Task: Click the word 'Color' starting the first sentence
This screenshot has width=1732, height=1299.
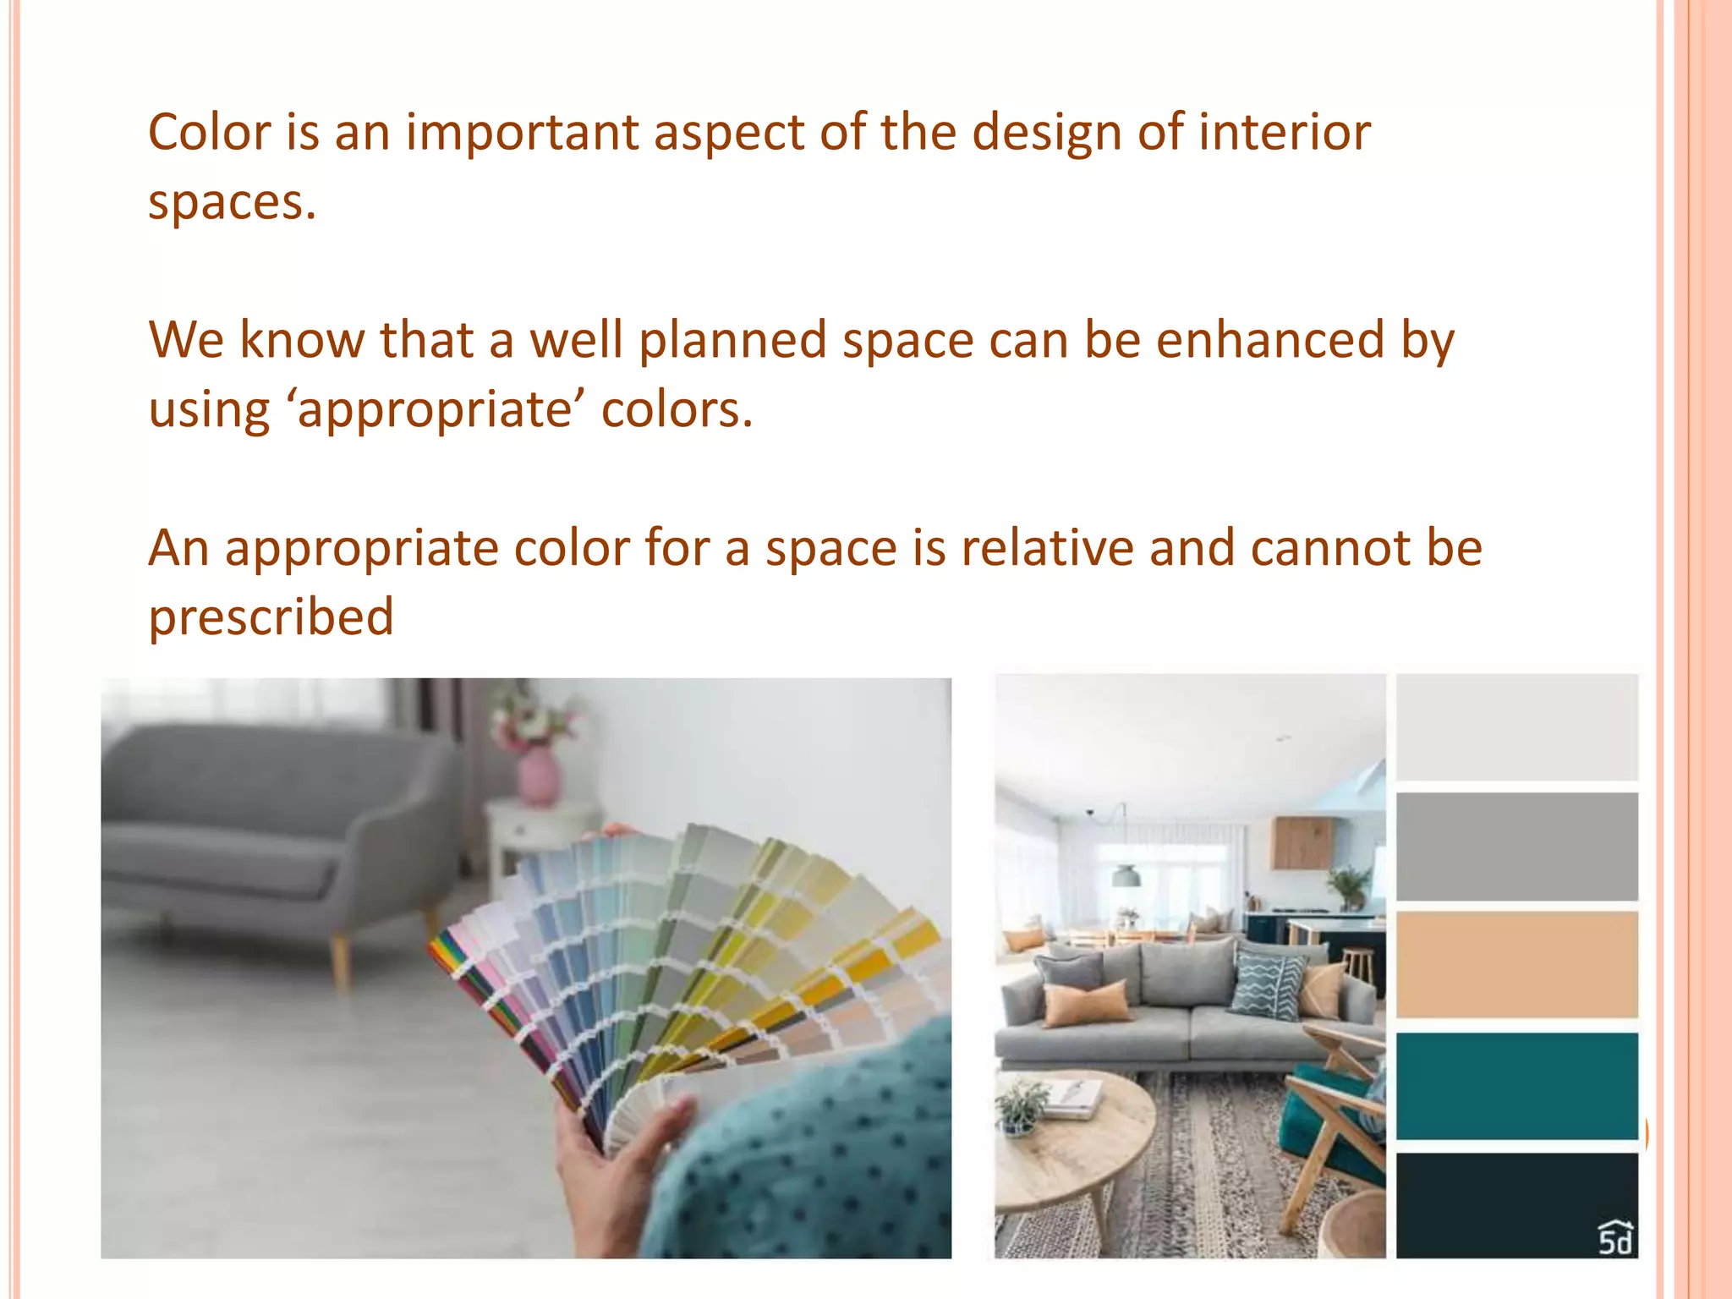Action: [x=209, y=133]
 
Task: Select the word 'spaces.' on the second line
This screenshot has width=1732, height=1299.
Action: [x=232, y=203]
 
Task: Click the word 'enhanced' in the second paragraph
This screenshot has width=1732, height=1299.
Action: [x=1270, y=340]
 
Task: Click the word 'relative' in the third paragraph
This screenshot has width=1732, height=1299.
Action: [x=1047, y=548]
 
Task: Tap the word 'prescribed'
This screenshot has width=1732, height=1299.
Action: [x=271, y=617]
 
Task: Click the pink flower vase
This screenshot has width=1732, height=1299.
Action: [x=539, y=776]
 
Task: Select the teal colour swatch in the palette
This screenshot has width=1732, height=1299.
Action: [x=1516, y=1086]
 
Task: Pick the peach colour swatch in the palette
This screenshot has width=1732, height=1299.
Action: [x=1516, y=964]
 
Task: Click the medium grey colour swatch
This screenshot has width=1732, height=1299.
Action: [x=1516, y=847]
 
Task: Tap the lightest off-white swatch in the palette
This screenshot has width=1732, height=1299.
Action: [x=1516, y=727]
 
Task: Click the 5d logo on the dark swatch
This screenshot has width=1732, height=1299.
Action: [x=1614, y=1238]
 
